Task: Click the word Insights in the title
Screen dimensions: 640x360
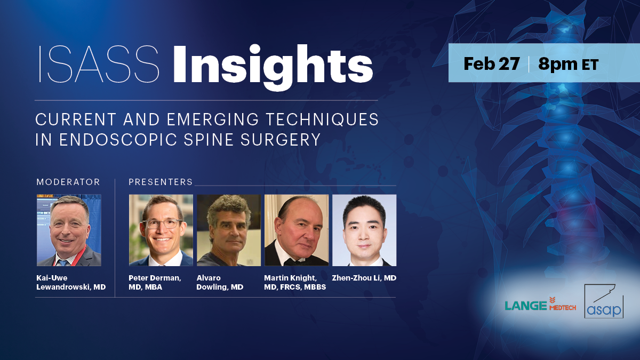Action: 273,68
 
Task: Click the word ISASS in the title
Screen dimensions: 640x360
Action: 99,64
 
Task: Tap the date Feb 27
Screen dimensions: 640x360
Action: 491,63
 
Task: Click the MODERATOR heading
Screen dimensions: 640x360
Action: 68,182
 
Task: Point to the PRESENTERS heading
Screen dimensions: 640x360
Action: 161,182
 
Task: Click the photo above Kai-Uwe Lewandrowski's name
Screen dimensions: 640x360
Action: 69,230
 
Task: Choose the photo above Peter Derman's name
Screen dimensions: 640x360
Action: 161,230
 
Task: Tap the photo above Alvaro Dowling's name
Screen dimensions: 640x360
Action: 229,230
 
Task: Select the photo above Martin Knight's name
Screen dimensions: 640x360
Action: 297,230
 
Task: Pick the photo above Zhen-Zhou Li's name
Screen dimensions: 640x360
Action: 364,230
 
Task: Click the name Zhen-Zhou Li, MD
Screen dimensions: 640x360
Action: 364,278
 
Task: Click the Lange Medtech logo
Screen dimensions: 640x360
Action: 540,305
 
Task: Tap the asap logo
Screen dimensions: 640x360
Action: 604,301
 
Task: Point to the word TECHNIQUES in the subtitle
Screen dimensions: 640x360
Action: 322,119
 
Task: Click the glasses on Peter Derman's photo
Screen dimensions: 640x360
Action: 162,223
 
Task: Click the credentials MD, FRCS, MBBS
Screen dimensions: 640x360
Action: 295,287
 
